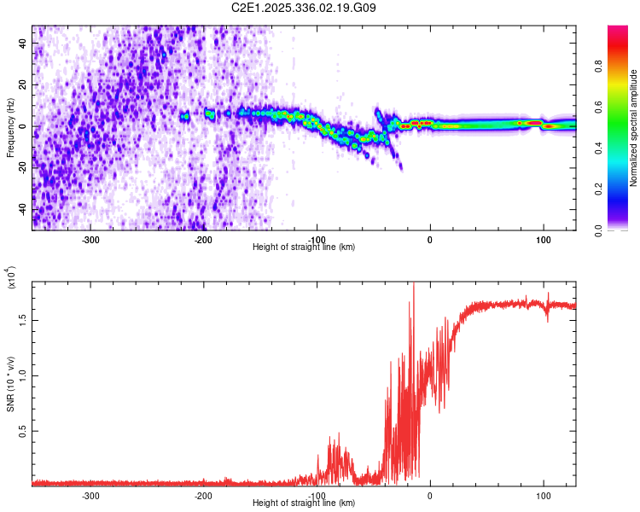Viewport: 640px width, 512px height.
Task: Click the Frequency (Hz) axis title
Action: click(x=10, y=127)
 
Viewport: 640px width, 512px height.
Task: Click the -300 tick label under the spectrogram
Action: click(x=90, y=239)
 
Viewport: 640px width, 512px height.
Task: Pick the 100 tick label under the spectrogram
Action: click(x=543, y=239)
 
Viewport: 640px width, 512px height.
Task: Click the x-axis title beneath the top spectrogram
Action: click(x=305, y=247)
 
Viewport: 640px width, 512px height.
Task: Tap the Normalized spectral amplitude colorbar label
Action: click(x=634, y=128)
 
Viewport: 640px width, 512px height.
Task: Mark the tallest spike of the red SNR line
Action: click(x=414, y=285)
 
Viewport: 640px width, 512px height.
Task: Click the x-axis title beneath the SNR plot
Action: click(x=305, y=503)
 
